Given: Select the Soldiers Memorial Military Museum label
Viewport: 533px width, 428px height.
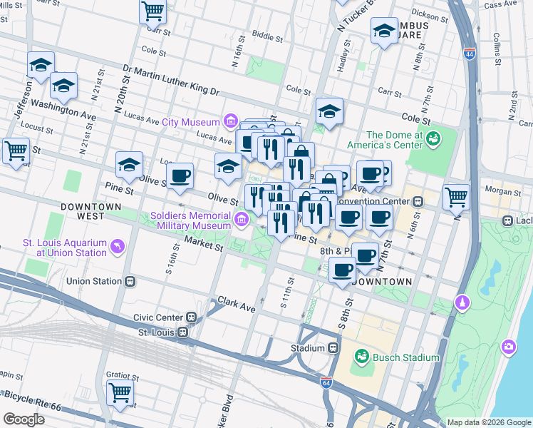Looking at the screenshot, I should [x=191, y=220].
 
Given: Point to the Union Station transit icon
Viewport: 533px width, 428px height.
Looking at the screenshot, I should [x=130, y=281].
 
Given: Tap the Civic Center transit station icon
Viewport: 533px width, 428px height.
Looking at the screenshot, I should [x=191, y=317].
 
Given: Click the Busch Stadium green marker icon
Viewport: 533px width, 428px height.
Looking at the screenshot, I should [x=361, y=357].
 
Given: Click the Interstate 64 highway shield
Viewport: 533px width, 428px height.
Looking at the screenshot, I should [x=326, y=383].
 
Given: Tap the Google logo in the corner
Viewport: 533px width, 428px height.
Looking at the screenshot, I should [x=24, y=419].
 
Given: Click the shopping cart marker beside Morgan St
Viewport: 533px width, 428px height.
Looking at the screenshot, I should [x=456, y=196].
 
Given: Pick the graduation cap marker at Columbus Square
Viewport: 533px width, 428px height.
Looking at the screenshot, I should [x=384, y=31].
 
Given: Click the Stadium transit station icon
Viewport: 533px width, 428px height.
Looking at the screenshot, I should [x=333, y=348].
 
